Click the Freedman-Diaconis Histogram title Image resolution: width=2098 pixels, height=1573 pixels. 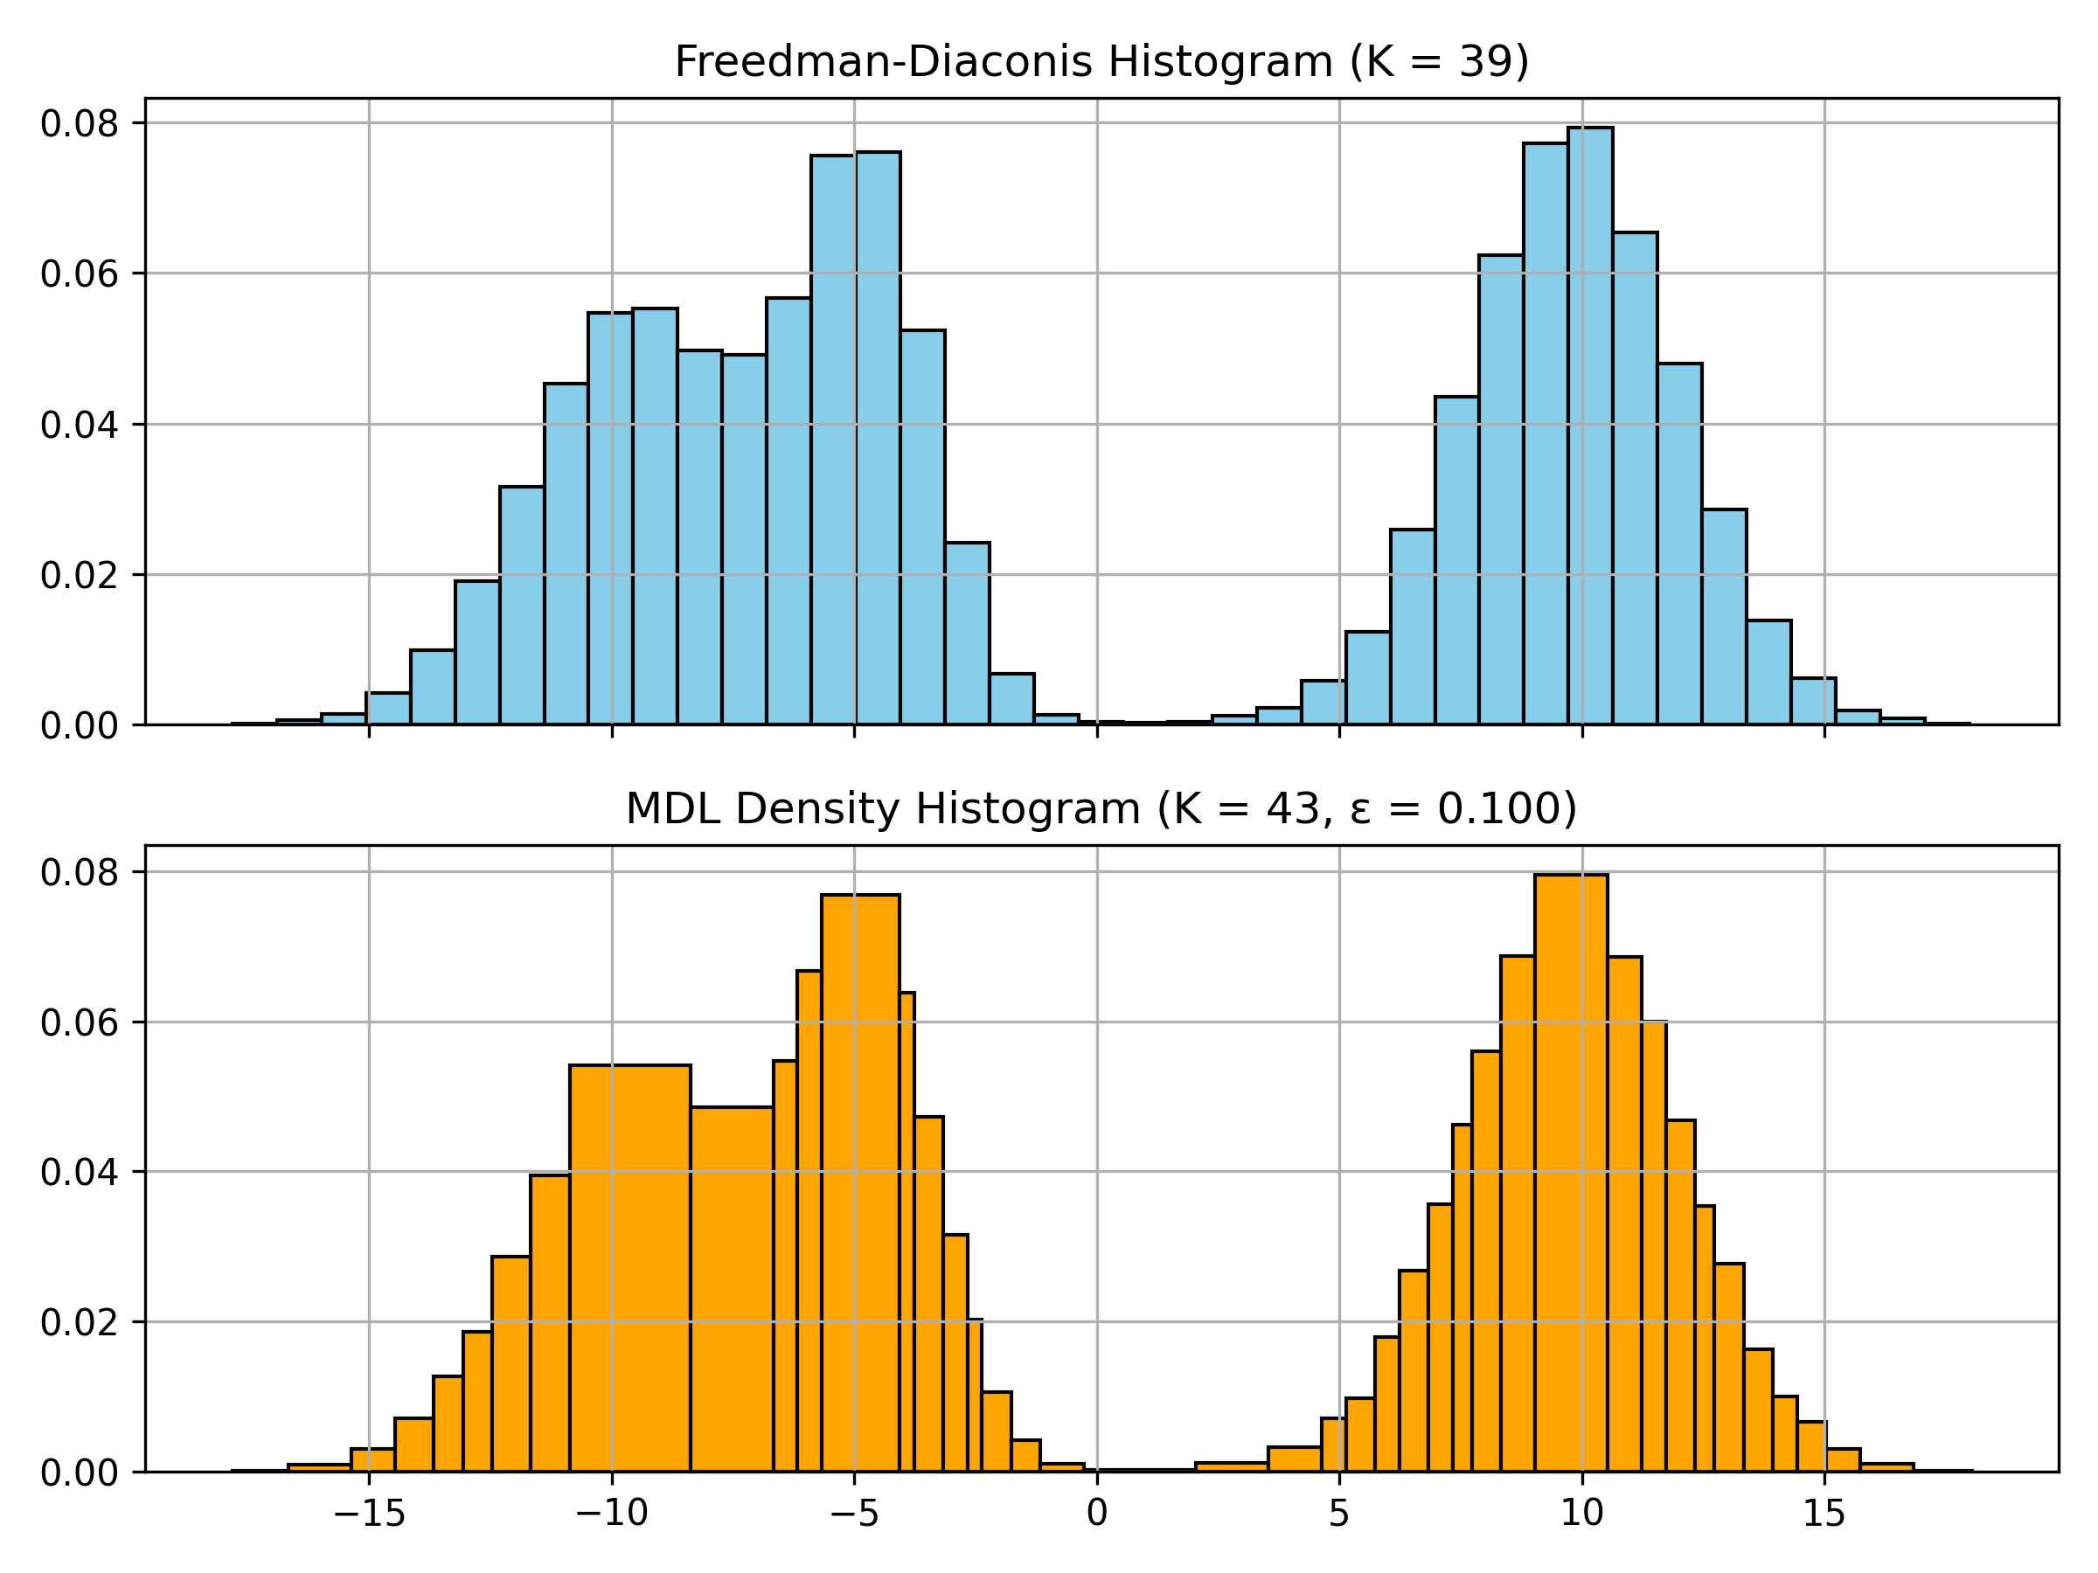[x=1101, y=63]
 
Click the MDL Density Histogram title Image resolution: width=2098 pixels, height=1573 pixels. [x=1101, y=808]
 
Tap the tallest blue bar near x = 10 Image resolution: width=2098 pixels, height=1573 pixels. [x=1591, y=426]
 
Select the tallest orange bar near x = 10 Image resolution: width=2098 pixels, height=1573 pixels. [x=1571, y=1175]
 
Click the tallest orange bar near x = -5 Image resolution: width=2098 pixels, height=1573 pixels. [x=860, y=1185]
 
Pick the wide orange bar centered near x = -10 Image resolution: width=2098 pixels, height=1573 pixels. [x=629, y=1271]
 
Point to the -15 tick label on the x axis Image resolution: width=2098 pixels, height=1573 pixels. [x=369, y=1515]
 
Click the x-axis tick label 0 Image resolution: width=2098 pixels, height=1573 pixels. [x=1097, y=1515]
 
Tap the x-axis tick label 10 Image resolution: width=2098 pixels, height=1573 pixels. [x=1582, y=1515]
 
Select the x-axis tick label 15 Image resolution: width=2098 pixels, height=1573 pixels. [x=1824, y=1515]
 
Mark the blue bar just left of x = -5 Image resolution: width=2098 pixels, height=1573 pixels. [x=833, y=441]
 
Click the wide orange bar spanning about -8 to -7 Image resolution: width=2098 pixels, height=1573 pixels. [x=732, y=1290]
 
